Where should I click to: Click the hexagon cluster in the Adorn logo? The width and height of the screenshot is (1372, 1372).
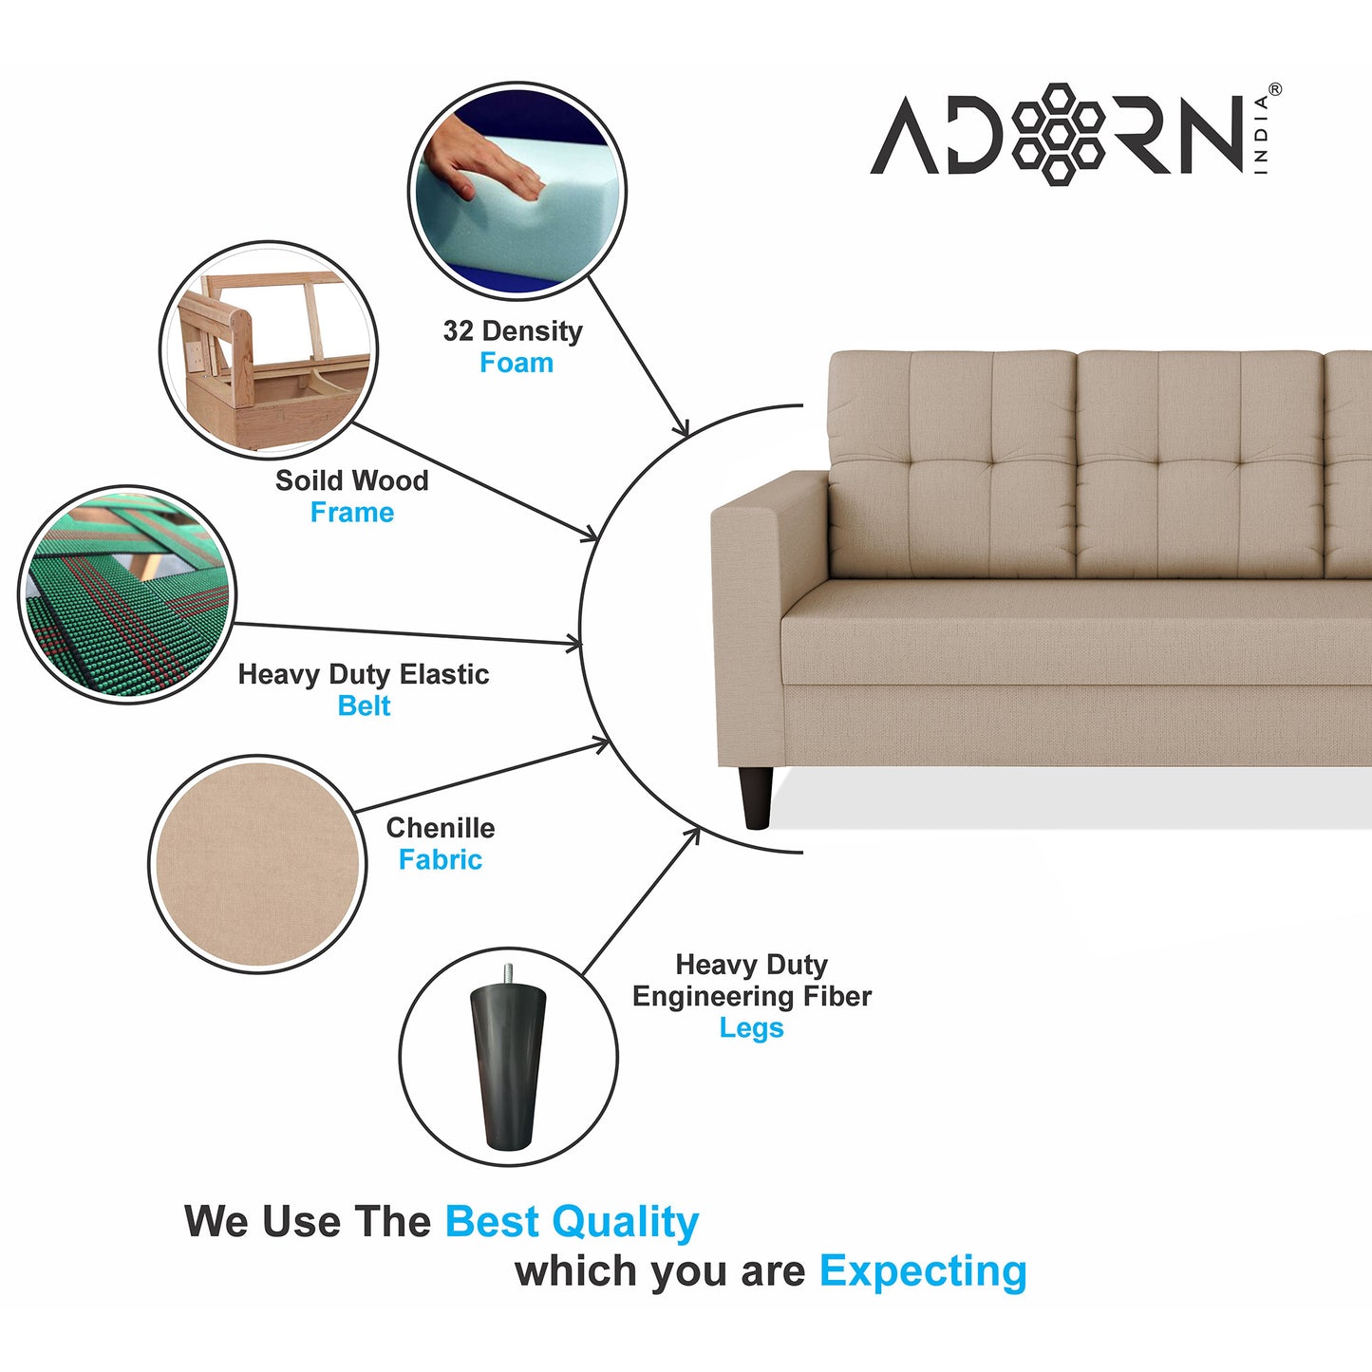1058,133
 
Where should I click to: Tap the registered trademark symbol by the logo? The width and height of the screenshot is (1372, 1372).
1274,89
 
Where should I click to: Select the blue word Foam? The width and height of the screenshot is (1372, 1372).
517,363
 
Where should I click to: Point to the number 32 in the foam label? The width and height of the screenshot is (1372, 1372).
458,330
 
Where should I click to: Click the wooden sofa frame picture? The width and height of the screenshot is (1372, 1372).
269,350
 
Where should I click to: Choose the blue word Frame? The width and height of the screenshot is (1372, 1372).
351,512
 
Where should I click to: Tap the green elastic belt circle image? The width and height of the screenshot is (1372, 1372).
127,594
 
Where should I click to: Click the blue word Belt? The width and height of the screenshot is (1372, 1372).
364,705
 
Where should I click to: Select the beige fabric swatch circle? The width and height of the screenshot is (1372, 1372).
257,864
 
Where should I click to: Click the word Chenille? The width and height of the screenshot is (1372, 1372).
440,827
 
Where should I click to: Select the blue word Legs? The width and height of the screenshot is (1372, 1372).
751,1028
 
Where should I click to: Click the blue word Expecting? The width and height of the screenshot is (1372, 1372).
923,1272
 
